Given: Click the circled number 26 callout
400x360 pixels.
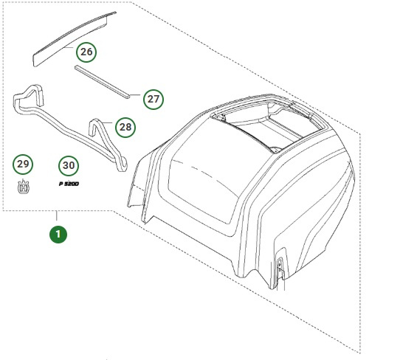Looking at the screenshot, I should tap(87, 52).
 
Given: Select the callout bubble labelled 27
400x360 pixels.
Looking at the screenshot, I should tap(153, 99).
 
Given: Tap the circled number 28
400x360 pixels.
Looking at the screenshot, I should tap(125, 127).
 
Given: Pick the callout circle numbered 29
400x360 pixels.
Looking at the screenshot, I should tap(23, 165).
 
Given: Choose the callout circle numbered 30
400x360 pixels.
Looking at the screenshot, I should tap(69, 165).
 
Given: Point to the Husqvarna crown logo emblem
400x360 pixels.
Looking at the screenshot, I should tap(23, 187).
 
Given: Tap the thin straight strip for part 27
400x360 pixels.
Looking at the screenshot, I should tap(103, 81).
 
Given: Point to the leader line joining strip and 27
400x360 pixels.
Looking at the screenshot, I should tap(137, 97).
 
